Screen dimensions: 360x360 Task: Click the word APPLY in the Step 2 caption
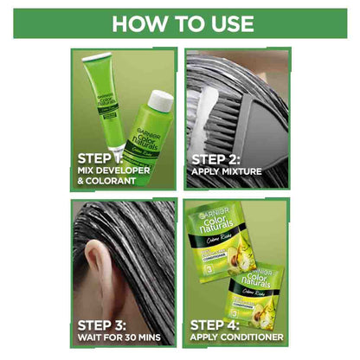(x=208, y=171)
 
